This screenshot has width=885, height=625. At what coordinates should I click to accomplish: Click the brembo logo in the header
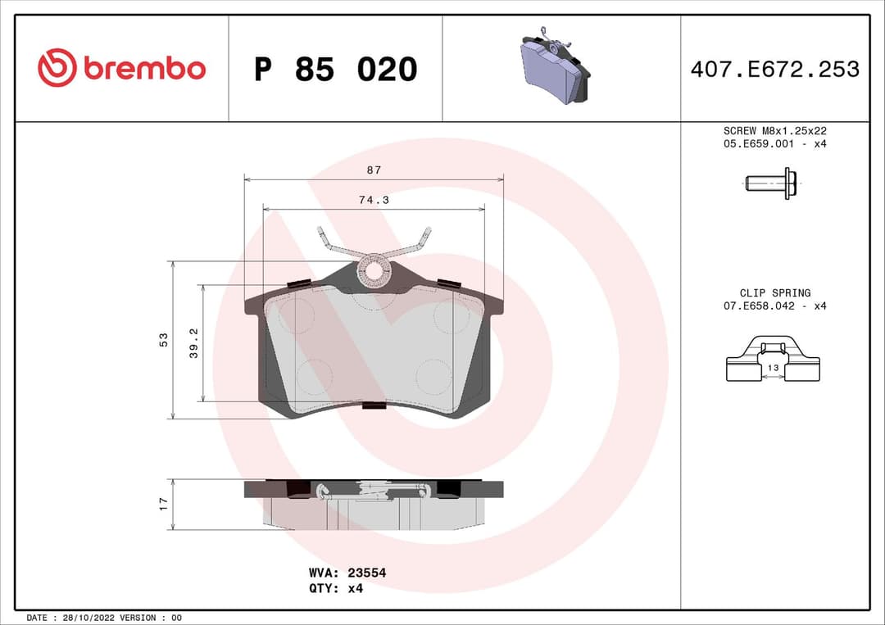121,69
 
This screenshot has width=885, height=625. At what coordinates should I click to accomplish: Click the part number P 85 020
335,70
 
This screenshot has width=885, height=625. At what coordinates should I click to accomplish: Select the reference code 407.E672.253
774,70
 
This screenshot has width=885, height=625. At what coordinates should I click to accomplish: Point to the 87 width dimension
374,170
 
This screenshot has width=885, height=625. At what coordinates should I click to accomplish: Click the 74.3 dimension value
374,200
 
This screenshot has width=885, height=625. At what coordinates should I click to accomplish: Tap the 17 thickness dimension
163,503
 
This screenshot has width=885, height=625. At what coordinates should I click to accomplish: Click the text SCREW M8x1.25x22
774,130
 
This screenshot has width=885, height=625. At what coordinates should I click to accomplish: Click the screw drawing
770,183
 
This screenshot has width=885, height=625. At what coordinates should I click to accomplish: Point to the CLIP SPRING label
774,292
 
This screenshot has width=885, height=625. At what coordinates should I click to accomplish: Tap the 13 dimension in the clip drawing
774,369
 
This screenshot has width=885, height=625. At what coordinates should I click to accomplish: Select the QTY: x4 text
336,588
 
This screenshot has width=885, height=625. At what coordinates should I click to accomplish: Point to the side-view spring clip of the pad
373,491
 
